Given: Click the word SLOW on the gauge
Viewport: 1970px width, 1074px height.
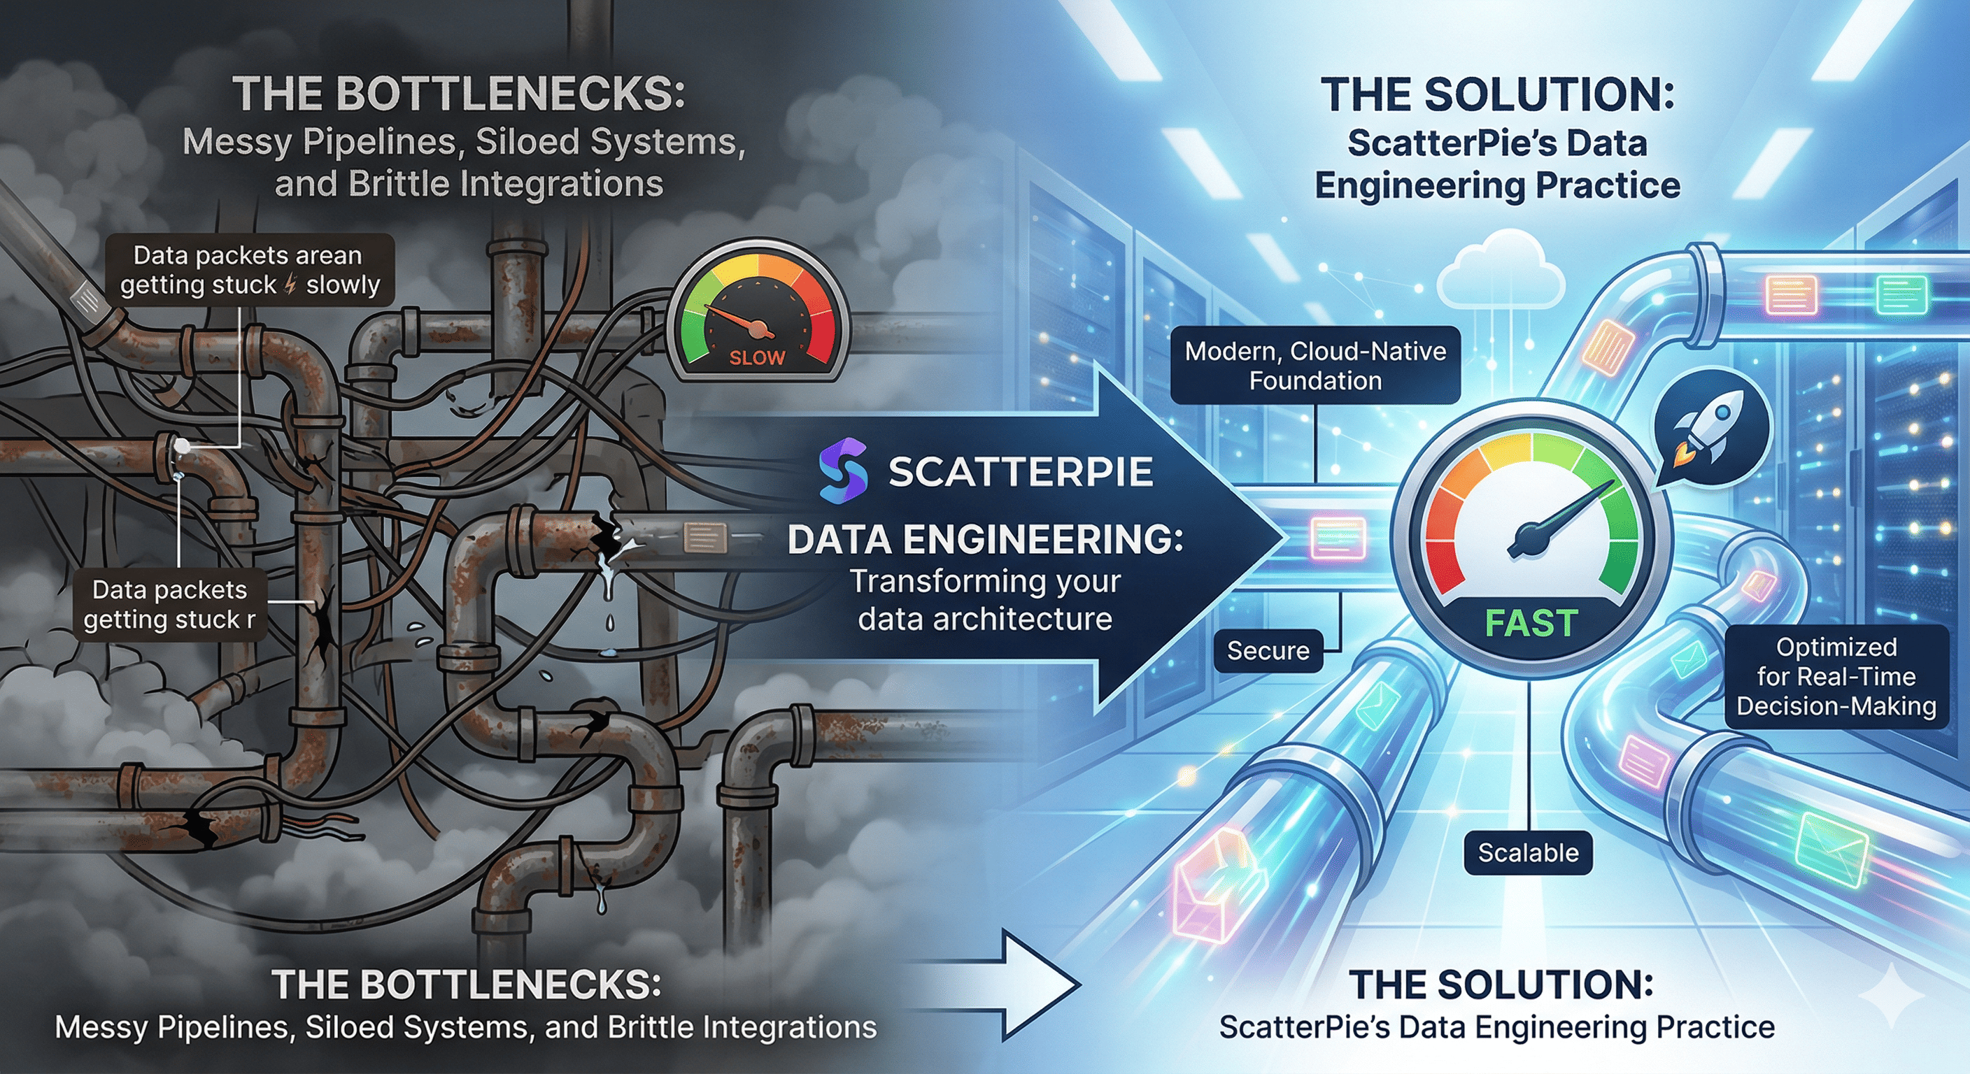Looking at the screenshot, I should tap(756, 357).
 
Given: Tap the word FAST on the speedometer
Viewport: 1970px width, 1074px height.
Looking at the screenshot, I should tap(1532, 623).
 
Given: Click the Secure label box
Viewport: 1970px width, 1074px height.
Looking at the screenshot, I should tap(1268, 650).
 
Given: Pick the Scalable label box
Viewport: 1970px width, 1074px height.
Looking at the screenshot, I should tap(1528, 852).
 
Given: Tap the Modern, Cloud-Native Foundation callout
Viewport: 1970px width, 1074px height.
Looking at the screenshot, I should tap(1315, 366).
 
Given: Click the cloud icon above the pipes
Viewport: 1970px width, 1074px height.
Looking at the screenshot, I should tap(1489, 271).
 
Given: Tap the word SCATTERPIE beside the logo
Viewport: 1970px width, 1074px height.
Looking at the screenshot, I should tap(1020, 472).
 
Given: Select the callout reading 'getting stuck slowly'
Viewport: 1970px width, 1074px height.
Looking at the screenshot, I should tap(250, 270).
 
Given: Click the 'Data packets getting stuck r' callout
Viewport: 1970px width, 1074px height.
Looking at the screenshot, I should tap(170, 605).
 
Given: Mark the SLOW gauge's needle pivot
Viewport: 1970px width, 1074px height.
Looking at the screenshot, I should tap(758, 329).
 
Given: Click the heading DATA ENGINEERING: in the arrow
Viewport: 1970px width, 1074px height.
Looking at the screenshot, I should tap(985, 540).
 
